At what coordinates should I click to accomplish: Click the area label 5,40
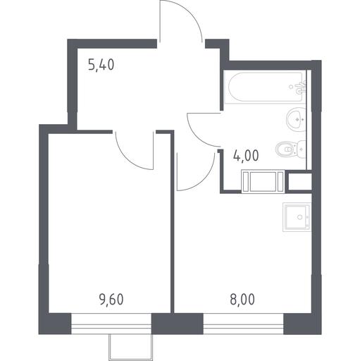pos(101,65)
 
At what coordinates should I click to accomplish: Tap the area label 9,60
pos(111,300)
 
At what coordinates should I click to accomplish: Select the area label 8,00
pos(242,300)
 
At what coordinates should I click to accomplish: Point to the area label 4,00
pos(246,155)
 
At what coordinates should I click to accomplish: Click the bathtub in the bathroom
pos(265,87)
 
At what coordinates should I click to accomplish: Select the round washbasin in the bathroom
pos(296,118)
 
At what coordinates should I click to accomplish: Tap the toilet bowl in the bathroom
pos(291,149)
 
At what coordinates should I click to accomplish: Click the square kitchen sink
pos(297,217)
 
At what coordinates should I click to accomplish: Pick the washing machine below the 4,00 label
pos(263,181)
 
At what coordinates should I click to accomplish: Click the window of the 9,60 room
pos(111,324)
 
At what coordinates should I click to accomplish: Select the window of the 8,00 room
pos(243,324)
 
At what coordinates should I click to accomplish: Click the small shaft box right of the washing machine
pos(299,181)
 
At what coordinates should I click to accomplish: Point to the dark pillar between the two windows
pos(178,324)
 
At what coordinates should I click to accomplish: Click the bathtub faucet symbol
pos(301,87)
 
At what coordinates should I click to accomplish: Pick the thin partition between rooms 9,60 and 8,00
pos(172,222)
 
